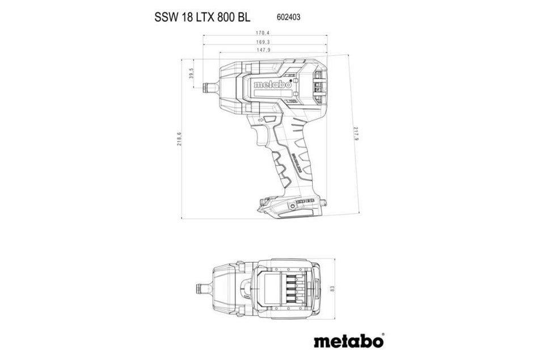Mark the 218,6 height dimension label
(179, 138)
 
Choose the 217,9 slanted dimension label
(356, 135)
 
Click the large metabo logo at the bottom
(347, 341)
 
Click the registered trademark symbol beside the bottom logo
(382, 334)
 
